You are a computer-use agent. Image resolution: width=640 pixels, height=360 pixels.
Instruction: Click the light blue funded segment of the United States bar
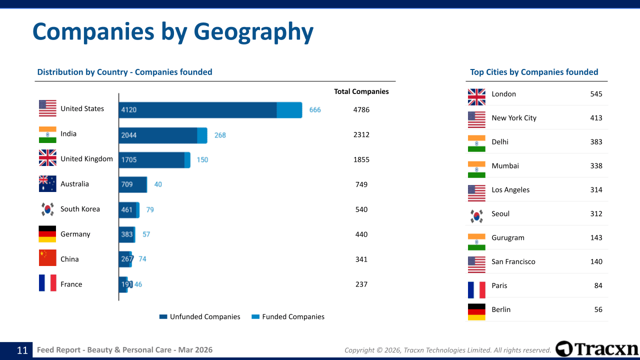point(289,110)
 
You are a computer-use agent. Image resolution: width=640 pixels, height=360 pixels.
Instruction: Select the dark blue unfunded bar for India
point(158,135)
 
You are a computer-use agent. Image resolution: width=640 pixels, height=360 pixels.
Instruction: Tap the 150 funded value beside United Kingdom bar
point(202,160)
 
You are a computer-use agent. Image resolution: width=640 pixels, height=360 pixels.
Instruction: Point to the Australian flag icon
point(47,184)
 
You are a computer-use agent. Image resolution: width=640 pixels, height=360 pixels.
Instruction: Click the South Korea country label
point(80,209)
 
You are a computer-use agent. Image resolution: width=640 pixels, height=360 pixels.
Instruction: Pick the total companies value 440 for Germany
point(361,234)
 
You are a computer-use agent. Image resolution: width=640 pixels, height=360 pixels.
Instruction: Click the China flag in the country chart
point(47,258)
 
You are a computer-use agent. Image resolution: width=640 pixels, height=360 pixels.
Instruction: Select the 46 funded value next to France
point(138,284)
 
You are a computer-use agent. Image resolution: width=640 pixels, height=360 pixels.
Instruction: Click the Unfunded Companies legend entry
point(199,316)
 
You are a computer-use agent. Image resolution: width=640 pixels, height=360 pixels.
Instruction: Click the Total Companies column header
point(361,91)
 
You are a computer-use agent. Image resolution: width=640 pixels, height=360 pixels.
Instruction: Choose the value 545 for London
point(596,94)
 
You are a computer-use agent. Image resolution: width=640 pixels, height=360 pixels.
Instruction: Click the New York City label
point(513,118)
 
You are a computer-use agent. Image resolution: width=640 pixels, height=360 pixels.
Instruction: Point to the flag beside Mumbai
point(476,169)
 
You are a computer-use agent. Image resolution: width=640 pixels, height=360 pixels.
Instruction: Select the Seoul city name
point(500,214)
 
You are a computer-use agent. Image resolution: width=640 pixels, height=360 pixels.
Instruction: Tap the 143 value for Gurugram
point(596,237)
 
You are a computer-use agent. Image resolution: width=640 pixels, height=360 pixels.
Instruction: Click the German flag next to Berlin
point(476,311)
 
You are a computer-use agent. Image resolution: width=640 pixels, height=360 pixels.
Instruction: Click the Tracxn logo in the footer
point(597,348)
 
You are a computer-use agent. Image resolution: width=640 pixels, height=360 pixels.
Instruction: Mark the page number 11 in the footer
point(22,350)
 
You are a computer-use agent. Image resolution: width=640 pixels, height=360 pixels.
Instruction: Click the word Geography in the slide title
point(253,31)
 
